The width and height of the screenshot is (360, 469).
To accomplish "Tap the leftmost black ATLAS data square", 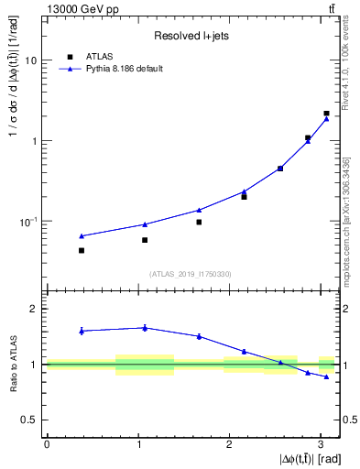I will [x=82, y=250].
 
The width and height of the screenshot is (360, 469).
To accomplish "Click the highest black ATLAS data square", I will [x=326, y=114].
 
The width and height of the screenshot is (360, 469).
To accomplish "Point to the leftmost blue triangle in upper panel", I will [x=82, y=235].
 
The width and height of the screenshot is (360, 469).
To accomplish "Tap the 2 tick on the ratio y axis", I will [x=35, y=310].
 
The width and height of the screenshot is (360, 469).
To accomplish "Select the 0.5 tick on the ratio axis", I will [x=30, y=420].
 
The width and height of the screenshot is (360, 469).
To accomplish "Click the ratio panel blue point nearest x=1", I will [x=145, y=327].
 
